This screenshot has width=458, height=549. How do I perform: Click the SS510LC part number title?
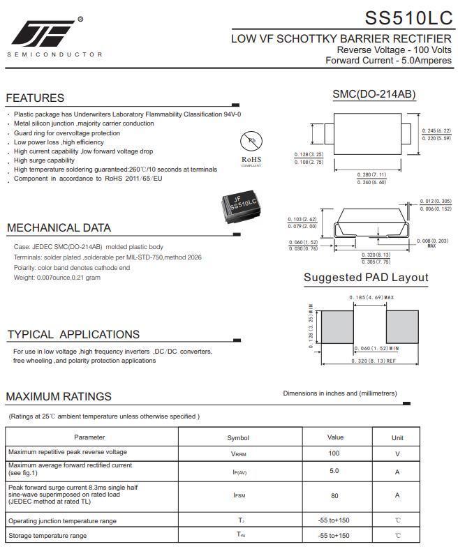coord(408,17)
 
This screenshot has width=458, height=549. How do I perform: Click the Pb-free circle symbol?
coord(251,142)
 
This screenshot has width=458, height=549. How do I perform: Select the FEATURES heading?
coord(35,98)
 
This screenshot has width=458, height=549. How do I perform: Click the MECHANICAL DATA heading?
coord(59,228)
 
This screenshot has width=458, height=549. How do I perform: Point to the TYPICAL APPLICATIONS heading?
coord(73,335)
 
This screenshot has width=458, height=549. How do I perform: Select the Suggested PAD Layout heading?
coord(366,278)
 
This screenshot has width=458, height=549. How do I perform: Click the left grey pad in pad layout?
coord(337,326)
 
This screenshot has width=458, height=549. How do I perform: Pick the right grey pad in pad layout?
coord(401,326)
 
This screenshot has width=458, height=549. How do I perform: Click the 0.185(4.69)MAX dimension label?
coord(371,298)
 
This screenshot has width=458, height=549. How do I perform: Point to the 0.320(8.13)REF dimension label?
coord(374,361)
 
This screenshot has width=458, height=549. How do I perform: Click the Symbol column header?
coord(238,438)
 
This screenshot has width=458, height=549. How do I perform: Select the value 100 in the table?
coord(334,453)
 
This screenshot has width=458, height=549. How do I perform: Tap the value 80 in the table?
coord(334,495)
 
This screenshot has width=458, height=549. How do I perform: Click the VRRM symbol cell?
coord(238,453)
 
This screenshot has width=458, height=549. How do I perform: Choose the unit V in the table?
coord(397,453)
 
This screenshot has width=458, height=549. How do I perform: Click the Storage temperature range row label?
coord(47,536)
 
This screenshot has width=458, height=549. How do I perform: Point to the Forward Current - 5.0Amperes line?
coord(388,61)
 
